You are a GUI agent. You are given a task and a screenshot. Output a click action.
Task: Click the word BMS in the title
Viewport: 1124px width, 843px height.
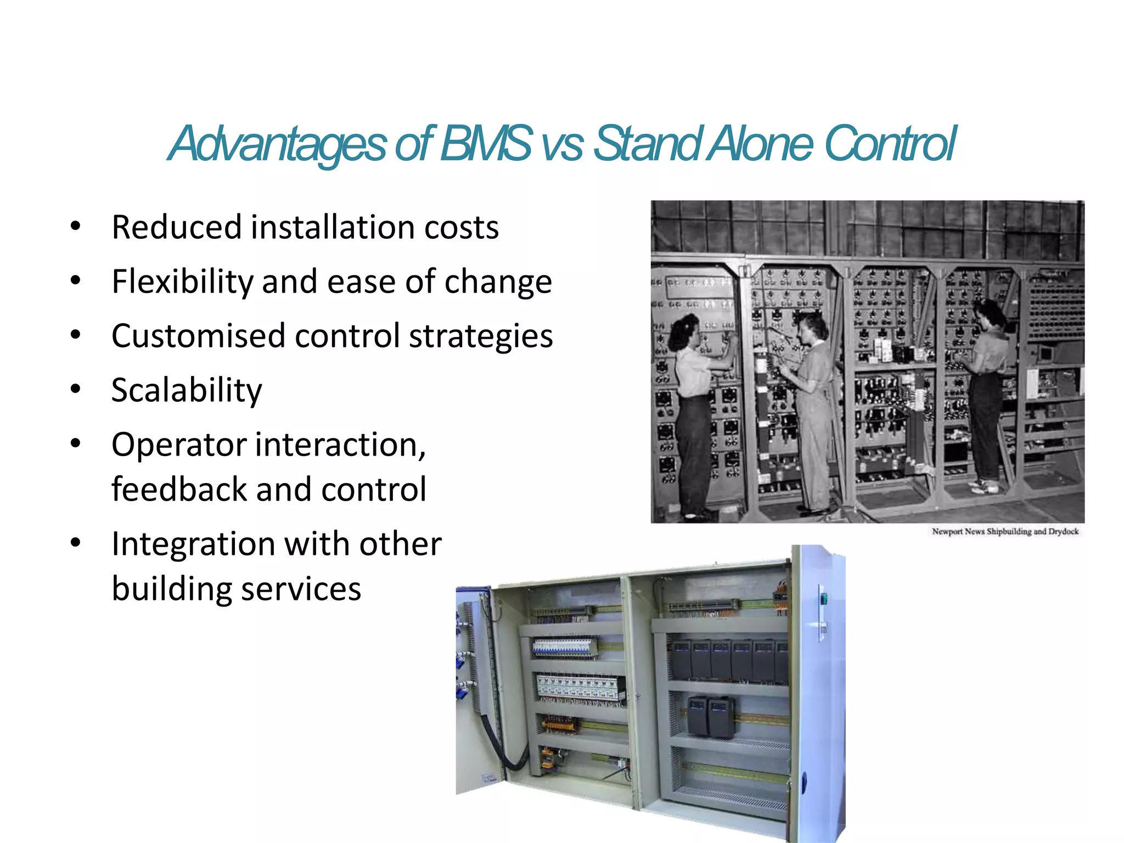pyautogui.click(x=485, y=144)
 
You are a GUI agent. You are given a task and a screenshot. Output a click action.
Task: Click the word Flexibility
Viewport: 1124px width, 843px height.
pyautogui.click(x=181, y=282)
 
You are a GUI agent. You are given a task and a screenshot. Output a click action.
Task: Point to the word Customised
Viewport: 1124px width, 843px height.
pyautogui.click(x=198, y=336)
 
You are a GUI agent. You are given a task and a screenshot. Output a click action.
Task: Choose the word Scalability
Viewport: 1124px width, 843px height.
pyautogui.click(x=187, y=391)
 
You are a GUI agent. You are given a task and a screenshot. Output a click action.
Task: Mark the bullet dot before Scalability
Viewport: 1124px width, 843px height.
pyautogui.click(x=76, y=389)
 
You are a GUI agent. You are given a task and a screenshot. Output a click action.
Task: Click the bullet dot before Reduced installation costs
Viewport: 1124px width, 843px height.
pyautogui.click(x=76, y=226)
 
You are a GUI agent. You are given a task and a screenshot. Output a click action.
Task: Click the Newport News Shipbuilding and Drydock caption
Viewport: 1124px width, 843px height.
pyautogui.click(x=1005, y=531)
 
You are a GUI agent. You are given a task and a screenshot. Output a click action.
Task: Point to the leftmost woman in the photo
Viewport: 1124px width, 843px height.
pyautogui.click(x=693, y=406)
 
